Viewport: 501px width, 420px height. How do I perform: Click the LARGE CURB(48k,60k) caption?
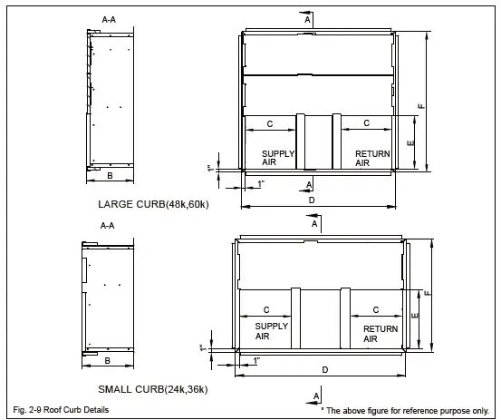coord(153,205)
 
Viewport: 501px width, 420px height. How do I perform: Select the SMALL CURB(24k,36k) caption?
coord(152,389)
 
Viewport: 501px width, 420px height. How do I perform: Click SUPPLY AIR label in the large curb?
coord(278,159)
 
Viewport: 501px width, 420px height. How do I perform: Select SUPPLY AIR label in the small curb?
coord(271,331)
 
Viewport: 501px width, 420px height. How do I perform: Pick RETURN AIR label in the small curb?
coord(380,334)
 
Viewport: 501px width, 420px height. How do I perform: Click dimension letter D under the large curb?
coord(312,199)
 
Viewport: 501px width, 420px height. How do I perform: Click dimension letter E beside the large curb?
coord(410,144)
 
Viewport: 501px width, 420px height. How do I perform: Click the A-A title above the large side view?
coord(109,18)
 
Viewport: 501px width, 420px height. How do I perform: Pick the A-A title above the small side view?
coord(107,225)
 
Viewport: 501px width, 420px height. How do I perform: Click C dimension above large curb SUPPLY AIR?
coord(270,122)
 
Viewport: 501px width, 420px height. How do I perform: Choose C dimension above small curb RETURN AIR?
coord(375,310)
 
